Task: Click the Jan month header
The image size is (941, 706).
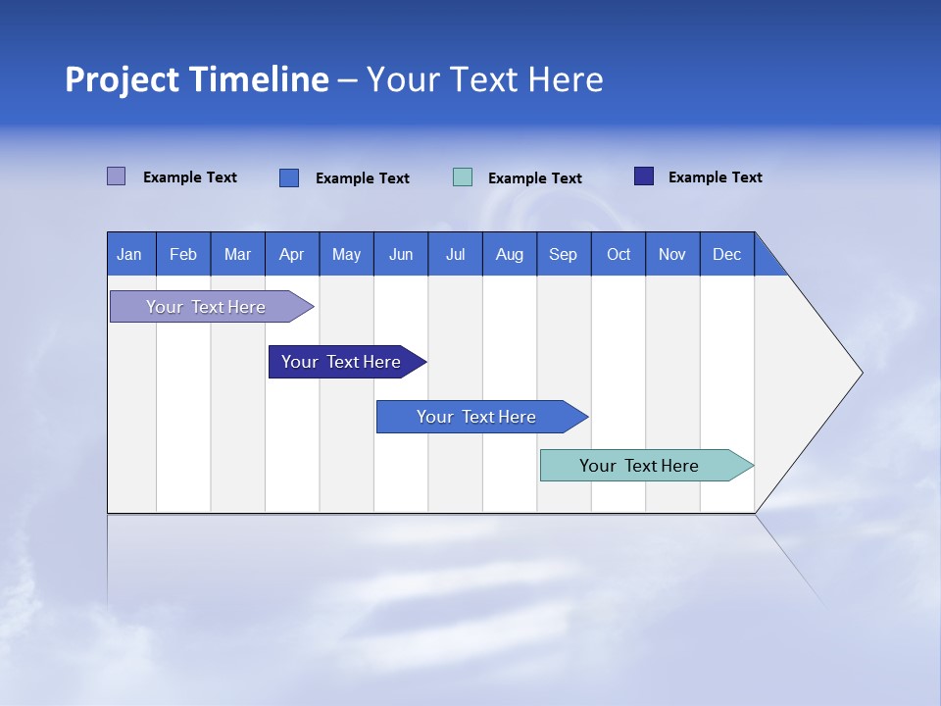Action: point(130,254)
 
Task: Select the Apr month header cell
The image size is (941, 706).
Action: point(292,254)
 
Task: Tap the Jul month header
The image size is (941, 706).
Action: point(455,254)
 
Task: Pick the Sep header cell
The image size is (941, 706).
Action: point(563,254)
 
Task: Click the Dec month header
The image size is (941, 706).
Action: point(726,254)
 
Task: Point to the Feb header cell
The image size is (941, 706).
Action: point(183,254)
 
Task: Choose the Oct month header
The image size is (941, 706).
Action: point(619,254)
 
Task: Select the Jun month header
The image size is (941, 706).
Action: point(401,254)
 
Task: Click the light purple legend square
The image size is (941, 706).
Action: point(116,176)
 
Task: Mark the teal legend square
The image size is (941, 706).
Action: point(463,177)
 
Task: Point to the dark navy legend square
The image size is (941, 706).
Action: point(644,176)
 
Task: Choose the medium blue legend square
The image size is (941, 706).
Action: point(289,177)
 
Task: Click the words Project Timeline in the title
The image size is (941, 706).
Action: point(197,79)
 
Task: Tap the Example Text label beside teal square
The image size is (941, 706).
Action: point(534,178)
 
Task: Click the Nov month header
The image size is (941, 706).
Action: point(672,254)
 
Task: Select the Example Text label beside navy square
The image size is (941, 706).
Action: point(715,177)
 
